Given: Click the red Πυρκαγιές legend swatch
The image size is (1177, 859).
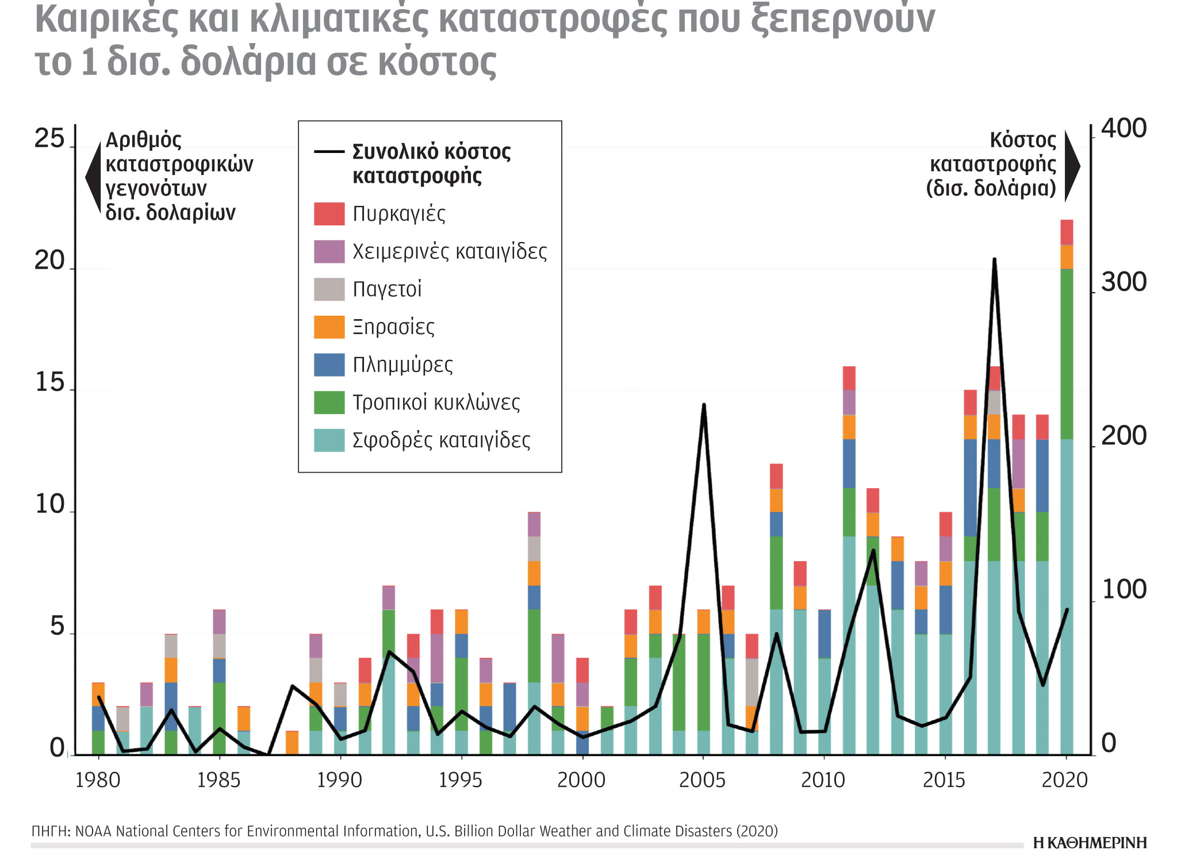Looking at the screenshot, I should click(329, 214).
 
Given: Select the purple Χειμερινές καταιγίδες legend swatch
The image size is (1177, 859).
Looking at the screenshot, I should click(329, 251).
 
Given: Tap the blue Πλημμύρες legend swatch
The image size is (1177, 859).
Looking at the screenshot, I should click(329, 365).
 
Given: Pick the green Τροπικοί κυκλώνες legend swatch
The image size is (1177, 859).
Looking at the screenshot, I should click(329, 402).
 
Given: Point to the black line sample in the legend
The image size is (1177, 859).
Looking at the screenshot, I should click(329, 152).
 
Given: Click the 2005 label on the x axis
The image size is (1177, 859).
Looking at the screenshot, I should click(702, 780).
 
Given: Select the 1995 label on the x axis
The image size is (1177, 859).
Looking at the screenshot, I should click(460, 780).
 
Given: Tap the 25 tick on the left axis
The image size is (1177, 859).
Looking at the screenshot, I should click(49, 139).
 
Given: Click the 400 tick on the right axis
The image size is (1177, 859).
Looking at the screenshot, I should click(1124, 128).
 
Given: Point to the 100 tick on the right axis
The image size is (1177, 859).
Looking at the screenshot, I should click(1124, 590).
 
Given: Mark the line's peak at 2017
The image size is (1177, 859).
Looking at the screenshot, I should click(994, 260).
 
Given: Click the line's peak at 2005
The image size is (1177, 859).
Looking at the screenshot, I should click(704, 405).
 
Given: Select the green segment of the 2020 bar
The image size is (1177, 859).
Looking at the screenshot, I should click(1067, 354).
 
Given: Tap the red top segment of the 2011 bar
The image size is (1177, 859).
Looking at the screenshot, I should click(849, 378).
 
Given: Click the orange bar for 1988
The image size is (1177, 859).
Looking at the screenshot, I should click(292, 742).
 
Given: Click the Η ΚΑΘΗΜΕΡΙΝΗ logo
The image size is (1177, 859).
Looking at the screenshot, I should click(1089, 843).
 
